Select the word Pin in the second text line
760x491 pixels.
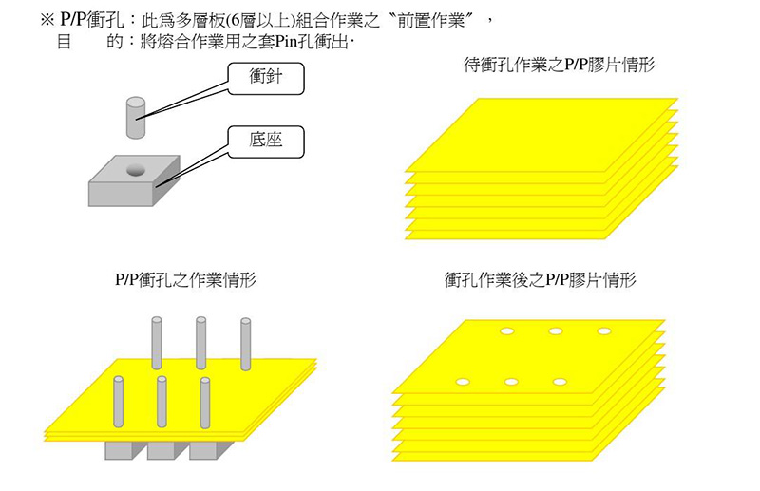286,42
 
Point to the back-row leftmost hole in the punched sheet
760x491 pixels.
507,331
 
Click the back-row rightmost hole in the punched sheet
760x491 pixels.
603,331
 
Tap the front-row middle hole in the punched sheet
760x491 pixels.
512,382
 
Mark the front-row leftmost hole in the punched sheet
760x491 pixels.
463,382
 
